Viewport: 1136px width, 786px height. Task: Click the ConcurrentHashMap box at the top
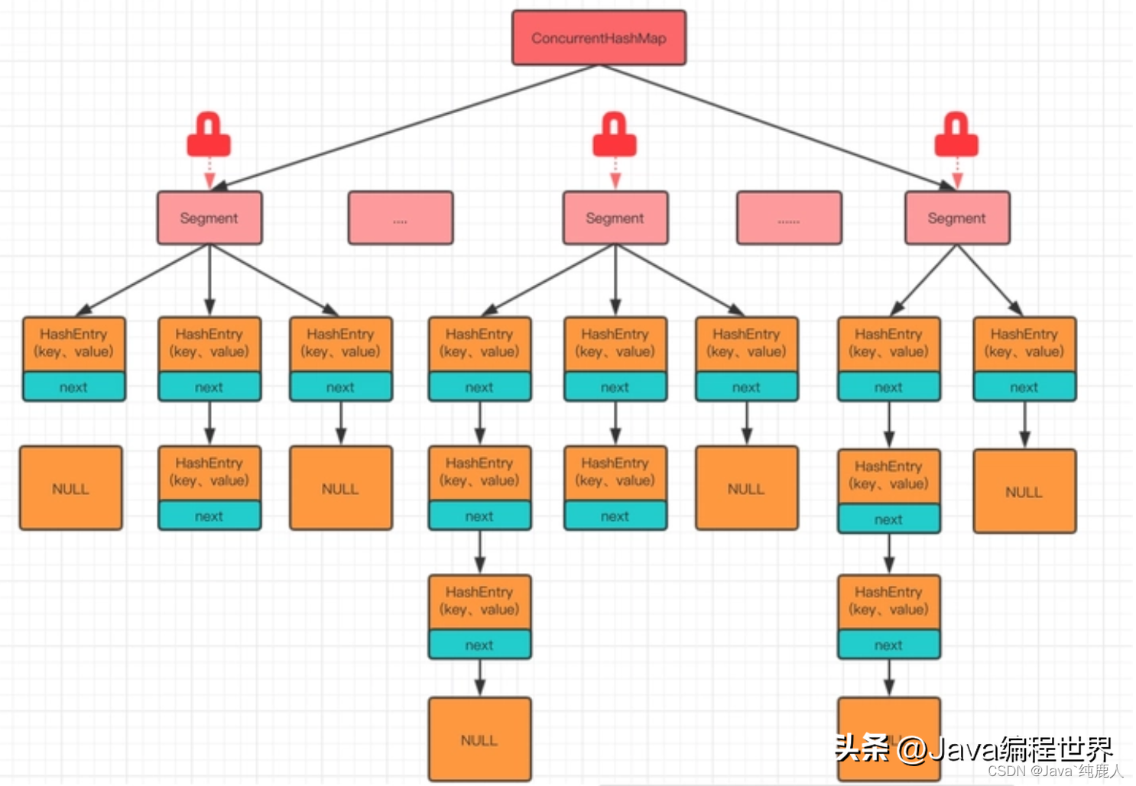click(599, 37)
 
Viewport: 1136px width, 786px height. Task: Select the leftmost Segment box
click(209, 218)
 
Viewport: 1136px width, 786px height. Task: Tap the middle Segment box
click(615, 218)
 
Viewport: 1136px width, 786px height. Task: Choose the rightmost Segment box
click(957, 218)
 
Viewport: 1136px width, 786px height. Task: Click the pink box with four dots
click(401, 218)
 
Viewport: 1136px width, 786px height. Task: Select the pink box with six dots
click(789, 218)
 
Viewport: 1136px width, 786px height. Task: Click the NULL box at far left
click(70, 488)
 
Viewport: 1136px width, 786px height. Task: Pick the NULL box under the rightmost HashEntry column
click(1024, 491)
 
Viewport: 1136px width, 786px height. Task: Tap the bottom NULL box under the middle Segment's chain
click(479, 739)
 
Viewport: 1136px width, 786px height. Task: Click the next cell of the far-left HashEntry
click(73, 387)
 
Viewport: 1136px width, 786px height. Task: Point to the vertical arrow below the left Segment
click(209, 279)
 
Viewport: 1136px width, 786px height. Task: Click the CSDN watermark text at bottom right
click(1055, 771)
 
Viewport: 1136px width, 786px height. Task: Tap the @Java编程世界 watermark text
click(1005, 749)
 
